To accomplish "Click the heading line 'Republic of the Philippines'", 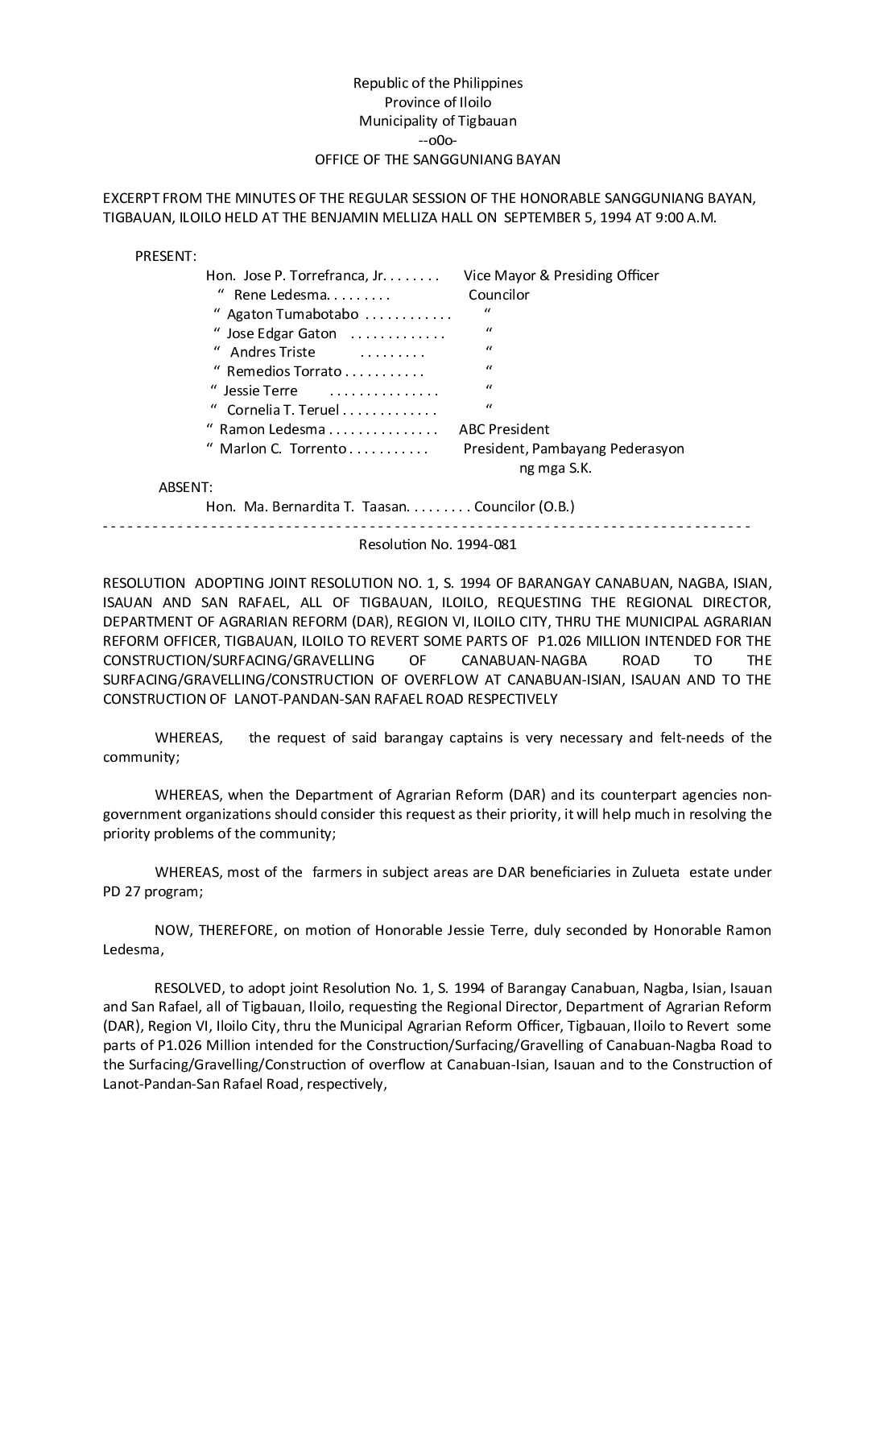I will pos(437,83).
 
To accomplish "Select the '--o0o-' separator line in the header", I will pos(437,140).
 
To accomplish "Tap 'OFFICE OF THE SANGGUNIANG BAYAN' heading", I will pos(437,159).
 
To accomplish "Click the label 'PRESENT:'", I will pos(165,256).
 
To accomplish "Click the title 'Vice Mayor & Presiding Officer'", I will pos(561,275).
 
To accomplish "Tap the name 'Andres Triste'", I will pos(272,352).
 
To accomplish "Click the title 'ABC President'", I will pos(504,429).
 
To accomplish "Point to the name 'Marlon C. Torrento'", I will pos(283,449).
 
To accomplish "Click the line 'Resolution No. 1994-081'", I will pos(437,544).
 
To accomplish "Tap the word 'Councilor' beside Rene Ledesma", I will pos(499,295).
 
